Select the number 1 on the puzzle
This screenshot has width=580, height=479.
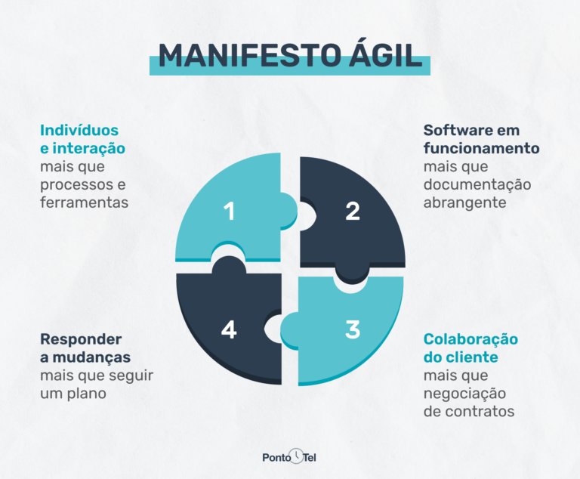[229, 212]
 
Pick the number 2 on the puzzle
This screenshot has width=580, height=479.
[353, 212]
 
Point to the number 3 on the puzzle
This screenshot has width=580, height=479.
[353, 330]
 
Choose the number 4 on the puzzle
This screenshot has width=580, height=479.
[229, 330]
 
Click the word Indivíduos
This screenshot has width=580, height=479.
[79, 130]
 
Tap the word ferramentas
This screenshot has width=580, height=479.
[84, 202]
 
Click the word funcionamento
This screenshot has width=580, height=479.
[481, 148]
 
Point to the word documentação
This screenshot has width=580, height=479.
[477, 184]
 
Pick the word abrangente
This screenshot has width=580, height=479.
[463, 202]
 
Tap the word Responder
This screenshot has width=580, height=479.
[81, 338]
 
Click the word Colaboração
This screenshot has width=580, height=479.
[470, 338]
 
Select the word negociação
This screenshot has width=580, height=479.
[464, 393]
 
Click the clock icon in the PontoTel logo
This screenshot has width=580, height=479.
[298, 456]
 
